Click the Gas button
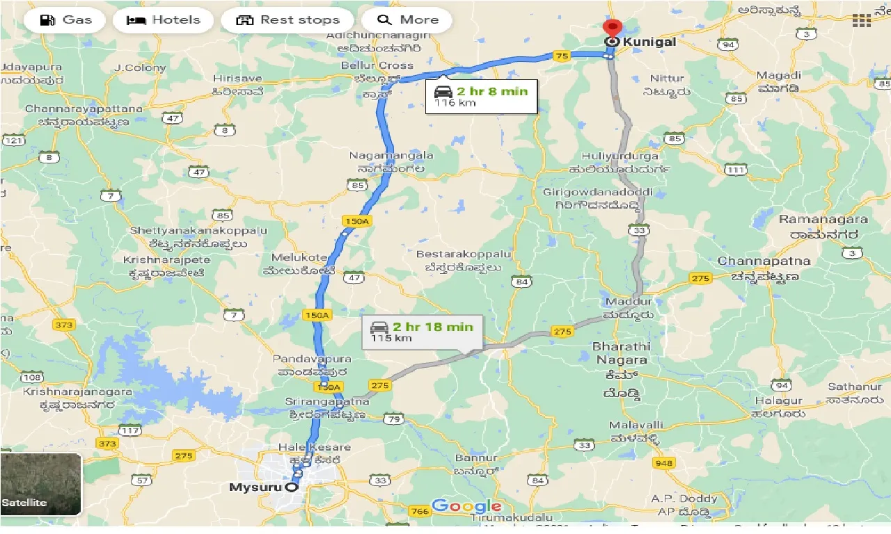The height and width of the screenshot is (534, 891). pyautogui.click(x=65, y=20)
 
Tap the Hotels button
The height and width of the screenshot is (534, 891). pyautogui.click(x=163, y=20)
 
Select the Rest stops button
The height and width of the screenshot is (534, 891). pyautogui.click(x=288, y=20)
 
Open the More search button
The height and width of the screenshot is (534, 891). pyautogui.click(x=407, y=20)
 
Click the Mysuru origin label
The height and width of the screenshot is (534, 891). pyautogui.click(x=255, y=487)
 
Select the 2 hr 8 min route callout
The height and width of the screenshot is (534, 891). pyautogui.click(x=482, y=97)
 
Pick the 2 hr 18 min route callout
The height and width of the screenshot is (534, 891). pyautogui.click(x=422, y=332)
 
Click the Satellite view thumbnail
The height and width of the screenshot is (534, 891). pyautogui.click(x=41, y=484)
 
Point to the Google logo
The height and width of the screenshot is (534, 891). pyautogui.click(x=466, y=506)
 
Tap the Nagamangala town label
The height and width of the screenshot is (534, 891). pyautogui.click(x=392, y=156)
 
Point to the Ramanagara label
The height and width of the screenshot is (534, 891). pyautogui.click(x=823, y=220)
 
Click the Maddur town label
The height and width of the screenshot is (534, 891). pyautogui.click(x=629, y=301)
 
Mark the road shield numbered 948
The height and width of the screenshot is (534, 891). pyautogui.click(x=664, y=463)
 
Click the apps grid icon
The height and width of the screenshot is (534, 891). pyautogui.click(x=862, y=20)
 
